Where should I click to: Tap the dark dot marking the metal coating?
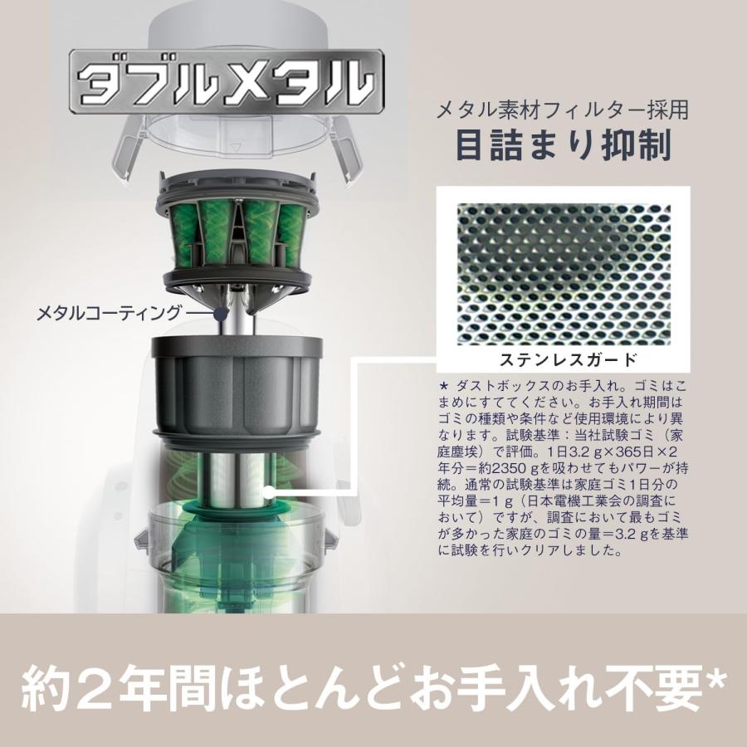(221, 313)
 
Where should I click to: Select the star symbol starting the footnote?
(443, 387)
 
